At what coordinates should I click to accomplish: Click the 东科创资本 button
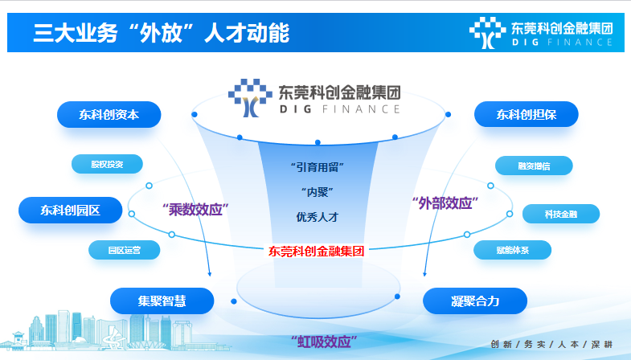pos(109,115)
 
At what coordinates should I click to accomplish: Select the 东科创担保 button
pos(527,115)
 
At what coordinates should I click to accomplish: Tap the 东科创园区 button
pos(71,210)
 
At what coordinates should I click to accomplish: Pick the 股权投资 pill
pos(107,164)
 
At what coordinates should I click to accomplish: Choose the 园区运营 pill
pos(125,250)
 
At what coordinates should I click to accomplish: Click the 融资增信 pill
pos(534,166)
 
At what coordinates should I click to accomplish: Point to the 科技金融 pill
pos(561,214)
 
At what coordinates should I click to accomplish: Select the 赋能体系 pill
pos(512,250)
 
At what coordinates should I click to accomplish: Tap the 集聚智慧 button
pos(162,301)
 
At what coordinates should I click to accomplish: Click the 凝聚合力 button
pos(475,301)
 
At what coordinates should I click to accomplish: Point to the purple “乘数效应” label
pos(195,210)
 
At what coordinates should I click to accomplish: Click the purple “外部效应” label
pos(445,203)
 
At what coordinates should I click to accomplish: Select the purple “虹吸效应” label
pos(324,342)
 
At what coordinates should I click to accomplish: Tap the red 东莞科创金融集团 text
pos(317,252)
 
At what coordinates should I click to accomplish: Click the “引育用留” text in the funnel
pos(318,167)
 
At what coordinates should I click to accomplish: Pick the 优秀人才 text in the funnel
pos(318,217)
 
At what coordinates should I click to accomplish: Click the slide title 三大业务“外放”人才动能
pos(161,33)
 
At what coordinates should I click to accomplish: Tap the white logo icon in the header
pos(487,33)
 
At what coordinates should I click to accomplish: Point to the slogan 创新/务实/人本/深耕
pos(551,344)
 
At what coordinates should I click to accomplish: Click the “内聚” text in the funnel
pos(318,192)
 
